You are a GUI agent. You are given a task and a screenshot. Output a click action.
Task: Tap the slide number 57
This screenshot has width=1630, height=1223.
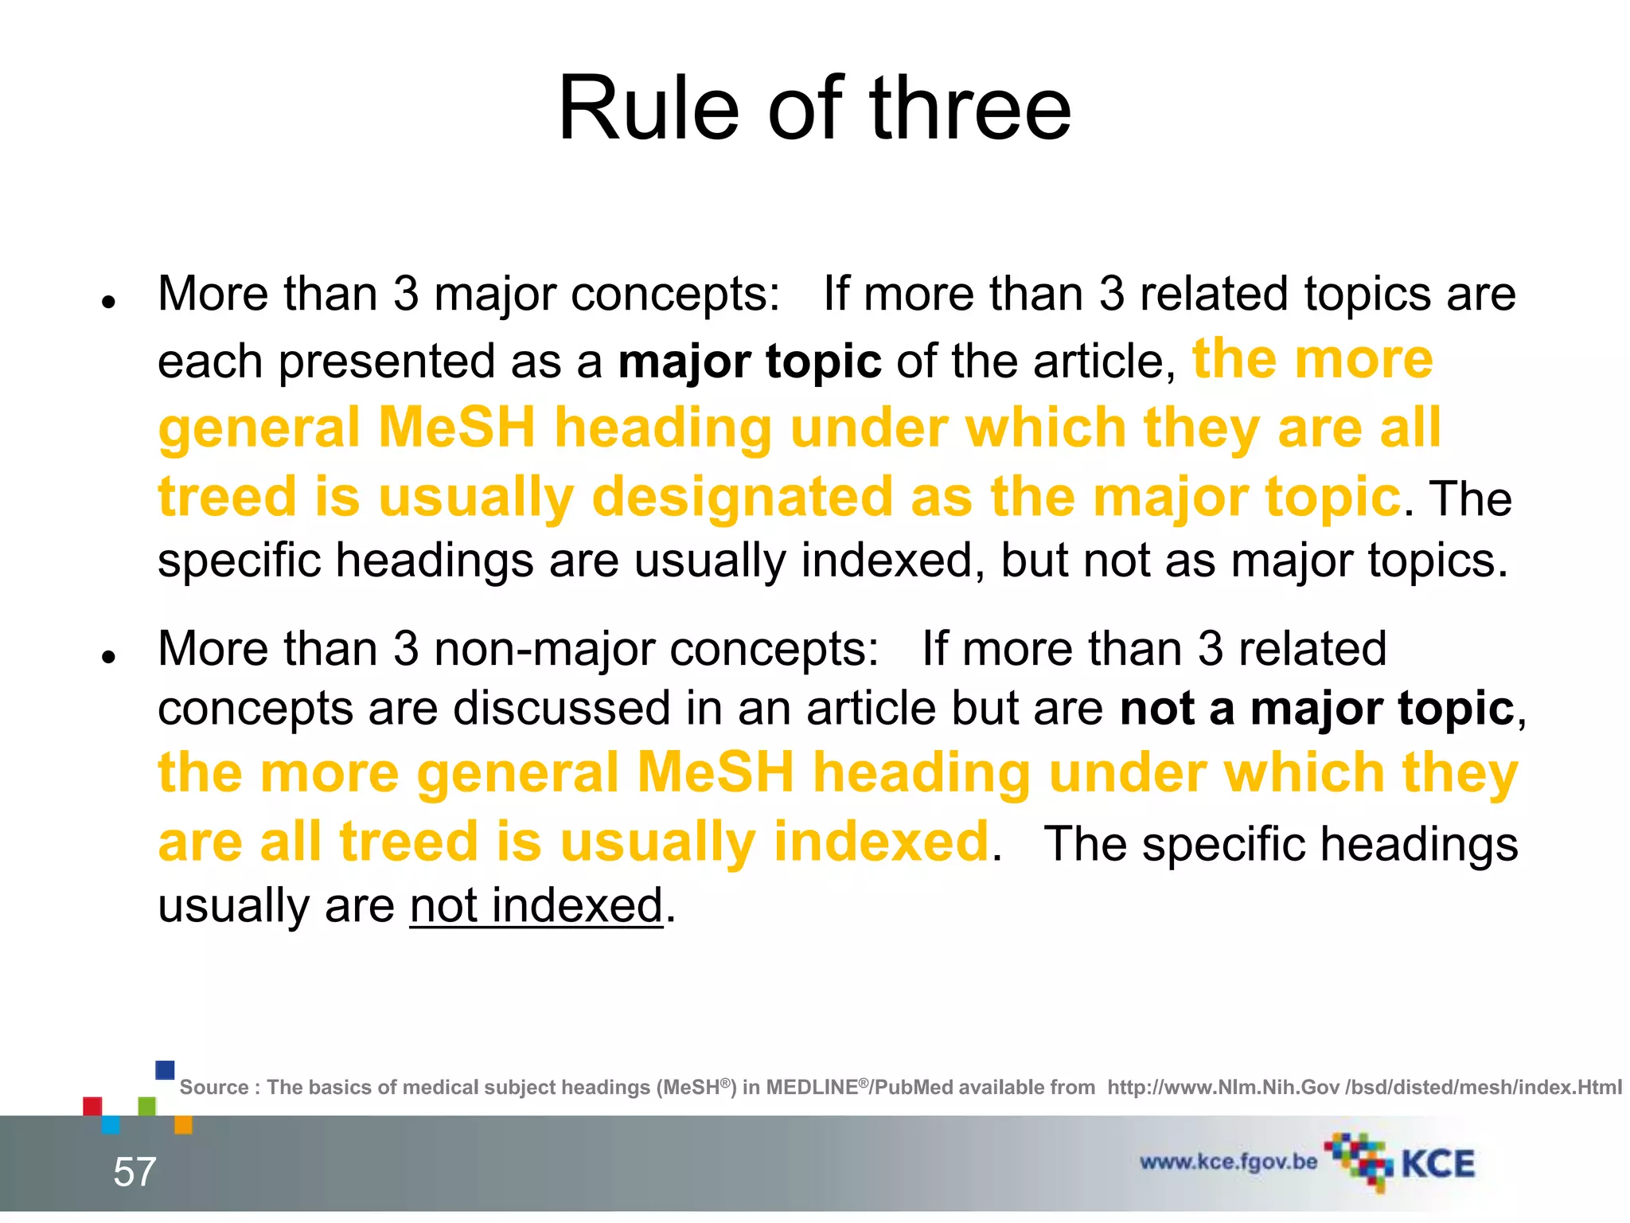coord(135,1172)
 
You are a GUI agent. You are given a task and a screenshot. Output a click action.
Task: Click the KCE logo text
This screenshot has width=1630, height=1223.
coord(1437,1164)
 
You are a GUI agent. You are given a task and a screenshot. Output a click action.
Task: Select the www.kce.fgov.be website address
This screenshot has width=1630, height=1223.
coord(1228,1162)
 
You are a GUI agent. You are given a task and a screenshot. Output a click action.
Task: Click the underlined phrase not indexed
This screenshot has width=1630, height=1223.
coord(536,906)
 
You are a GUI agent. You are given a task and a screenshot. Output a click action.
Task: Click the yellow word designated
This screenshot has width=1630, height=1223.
coord(742,497)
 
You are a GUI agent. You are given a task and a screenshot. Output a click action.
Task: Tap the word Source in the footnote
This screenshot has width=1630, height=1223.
coord(214,1088)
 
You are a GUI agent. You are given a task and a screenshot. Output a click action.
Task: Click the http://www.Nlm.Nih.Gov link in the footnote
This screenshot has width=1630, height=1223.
coord(1223,1088)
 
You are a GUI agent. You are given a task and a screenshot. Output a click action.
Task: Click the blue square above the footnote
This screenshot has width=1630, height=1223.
coord(165,1069)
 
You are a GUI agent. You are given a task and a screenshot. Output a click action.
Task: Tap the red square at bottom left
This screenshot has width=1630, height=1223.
coord(92,1106)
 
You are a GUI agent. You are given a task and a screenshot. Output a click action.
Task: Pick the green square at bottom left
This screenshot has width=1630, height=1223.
coord(147,1106)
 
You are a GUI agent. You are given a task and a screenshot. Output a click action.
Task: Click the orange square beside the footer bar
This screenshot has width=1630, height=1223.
coord(183,1124)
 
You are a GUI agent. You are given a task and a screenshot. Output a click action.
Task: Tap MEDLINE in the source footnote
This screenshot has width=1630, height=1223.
coord(812,1088)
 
